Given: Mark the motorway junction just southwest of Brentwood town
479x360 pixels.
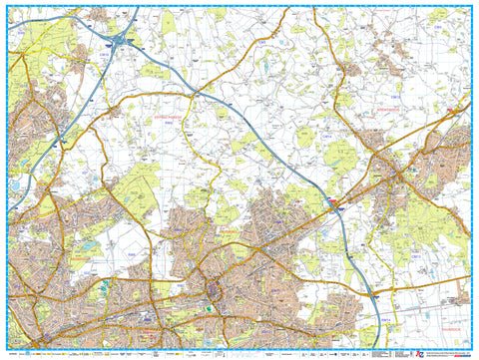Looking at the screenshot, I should coord(336,207).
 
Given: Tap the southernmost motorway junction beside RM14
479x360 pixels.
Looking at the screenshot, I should coord(374,296).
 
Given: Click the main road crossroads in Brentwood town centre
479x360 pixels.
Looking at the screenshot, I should coord(399,178).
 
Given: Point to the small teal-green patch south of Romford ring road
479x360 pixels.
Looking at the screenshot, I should coord(207,307).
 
